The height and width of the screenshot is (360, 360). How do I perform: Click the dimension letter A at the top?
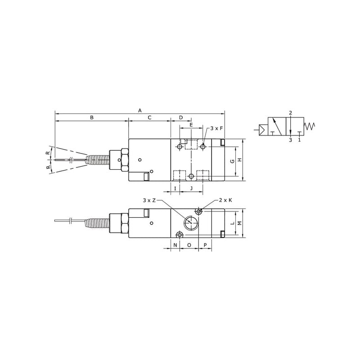point(140,110)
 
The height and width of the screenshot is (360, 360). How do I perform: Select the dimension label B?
point(92,117)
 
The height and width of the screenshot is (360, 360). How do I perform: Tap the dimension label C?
point(149,117)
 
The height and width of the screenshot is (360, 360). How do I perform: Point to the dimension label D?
point(181,117)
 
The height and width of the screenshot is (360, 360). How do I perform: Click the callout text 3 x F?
point(216,128)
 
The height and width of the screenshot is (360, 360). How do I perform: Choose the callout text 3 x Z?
point(149,200)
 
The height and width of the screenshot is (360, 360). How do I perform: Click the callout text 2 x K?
point(225,200)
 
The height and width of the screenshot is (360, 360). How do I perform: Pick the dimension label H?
point(240,160)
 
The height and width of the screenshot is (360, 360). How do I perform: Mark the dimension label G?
point(232,161)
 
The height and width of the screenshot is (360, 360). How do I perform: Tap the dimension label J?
point(191,189)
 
